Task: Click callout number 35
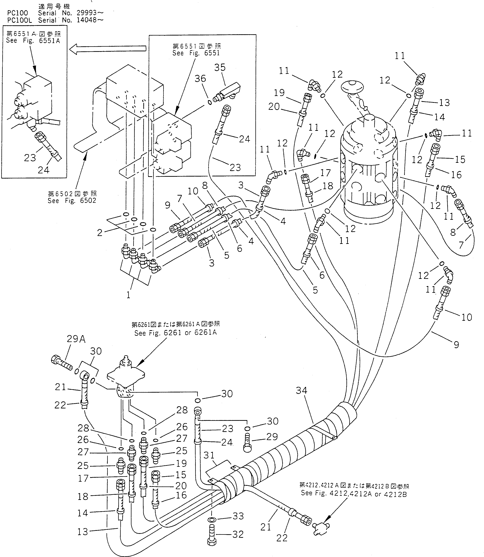[220, 67]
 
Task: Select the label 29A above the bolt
[76, 339]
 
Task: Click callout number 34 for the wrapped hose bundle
[301, 390]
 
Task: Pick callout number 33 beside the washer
[238, 516]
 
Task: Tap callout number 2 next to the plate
[100, 233]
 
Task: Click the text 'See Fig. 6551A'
[33, 41]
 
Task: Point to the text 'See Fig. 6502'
[72, 200]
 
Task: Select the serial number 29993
[86, 13]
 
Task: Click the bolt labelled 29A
[61, 362]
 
